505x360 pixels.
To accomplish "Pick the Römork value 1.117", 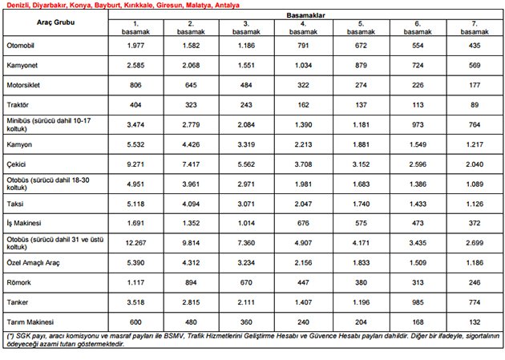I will pos(135,280).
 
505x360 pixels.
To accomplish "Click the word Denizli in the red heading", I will pos(17,5).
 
